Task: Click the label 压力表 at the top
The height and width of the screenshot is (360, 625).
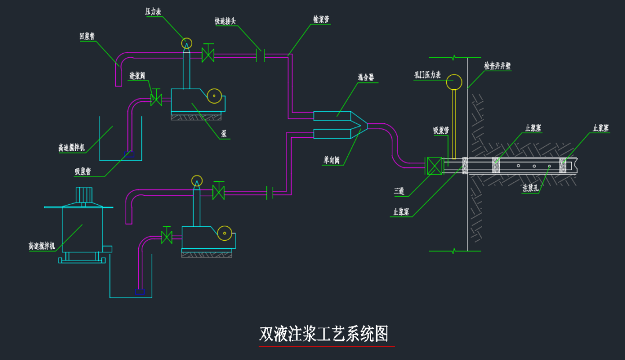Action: click(153, 11)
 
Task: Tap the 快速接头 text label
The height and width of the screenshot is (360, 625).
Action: click(225, 21)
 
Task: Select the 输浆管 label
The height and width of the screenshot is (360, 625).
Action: click(321, 19)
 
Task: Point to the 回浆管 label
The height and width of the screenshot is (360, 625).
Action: click(87, 36)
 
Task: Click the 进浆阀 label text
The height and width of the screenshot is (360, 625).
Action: click(137, 76)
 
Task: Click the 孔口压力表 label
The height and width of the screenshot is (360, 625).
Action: click(428, 74)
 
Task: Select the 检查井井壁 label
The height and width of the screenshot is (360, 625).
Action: click(498, 66)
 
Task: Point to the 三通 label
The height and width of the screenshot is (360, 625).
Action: click(399, 190)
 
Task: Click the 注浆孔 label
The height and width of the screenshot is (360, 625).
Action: click(531, 188)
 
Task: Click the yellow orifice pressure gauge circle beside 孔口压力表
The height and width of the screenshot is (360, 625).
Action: click(454, 82)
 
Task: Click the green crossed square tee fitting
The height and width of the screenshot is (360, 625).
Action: click(433, 166)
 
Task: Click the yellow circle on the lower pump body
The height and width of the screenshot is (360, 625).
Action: click(225, 234)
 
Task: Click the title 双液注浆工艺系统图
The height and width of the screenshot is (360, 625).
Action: click(323, 335)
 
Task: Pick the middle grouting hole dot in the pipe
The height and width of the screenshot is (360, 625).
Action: click(534, 166)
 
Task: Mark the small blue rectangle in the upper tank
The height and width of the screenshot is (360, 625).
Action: click(130, 154)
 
